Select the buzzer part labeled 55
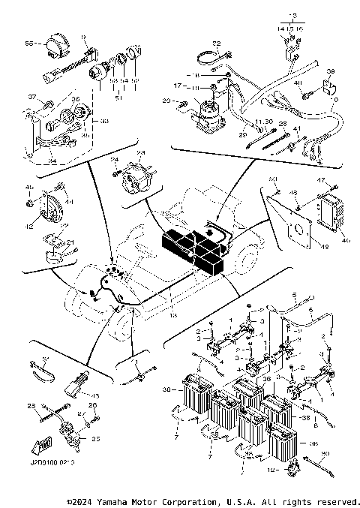point(55,46)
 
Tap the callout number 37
point(32,98)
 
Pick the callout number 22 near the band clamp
point(216,44)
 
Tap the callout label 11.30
point(263,121)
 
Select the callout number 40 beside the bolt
point(297,83)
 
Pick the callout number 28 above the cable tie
point(282,123)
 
